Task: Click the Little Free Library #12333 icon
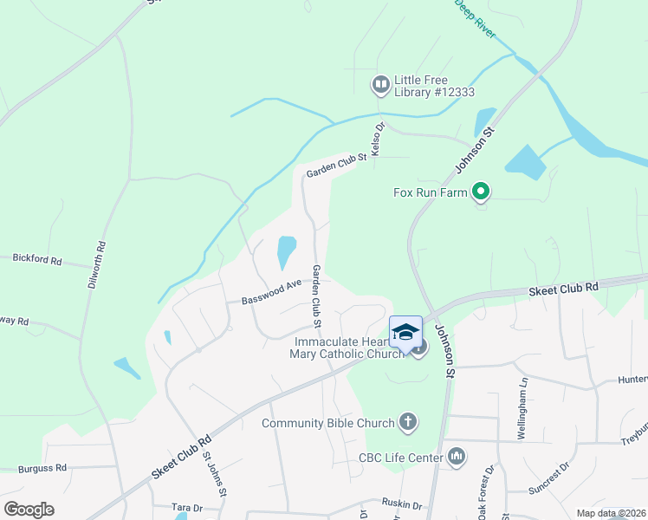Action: click(x=380, y=84)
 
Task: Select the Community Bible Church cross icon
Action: click(x=408, y=423)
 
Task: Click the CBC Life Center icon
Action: click(x=457, y=456)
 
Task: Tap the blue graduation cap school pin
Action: click(x=405, y=332)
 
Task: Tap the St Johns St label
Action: click(x=215, y=474)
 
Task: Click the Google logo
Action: click(x=29, y=510)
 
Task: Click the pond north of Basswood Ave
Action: click(x=285, y=252)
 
